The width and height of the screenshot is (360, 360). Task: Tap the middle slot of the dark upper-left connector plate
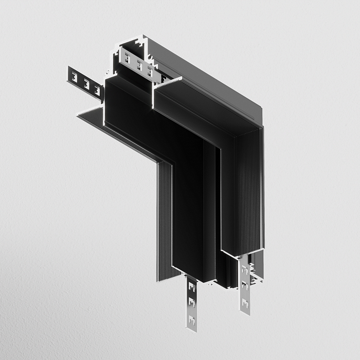[x=86, y=83]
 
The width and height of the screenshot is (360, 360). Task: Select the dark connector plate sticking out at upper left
[x=85, y=82]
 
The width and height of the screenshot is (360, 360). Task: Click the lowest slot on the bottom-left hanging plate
[x=192, y=320]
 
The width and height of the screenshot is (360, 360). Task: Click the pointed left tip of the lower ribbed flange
[x=78, y=115]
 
